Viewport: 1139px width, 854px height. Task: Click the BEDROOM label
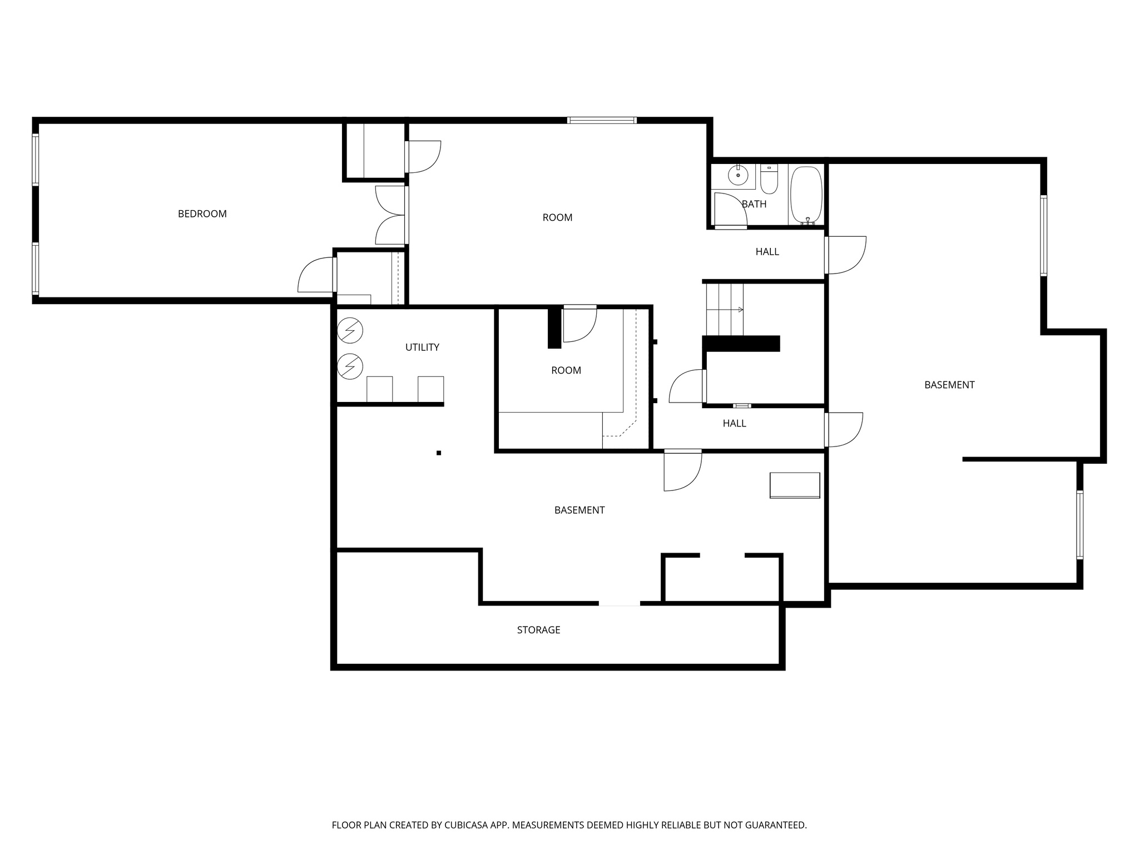[x=202, y=213]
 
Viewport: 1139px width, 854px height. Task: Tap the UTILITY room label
[x=422, y=347]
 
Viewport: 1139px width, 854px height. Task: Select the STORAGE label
[x=538, y=629]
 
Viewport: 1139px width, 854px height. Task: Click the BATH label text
[x=754, y=204]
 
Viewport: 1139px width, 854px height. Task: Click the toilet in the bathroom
[x=769, y=179]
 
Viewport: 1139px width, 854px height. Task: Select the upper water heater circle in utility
[x=350, y=330]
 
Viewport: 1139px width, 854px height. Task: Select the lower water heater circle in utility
[x=350, y=366]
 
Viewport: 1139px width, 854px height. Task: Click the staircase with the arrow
[x=725, y=309]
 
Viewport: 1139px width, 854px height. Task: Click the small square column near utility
[x=438, y=453]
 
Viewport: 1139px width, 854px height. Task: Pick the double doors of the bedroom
[x=391, y=215]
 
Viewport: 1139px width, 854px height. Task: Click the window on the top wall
[x=601, y=120]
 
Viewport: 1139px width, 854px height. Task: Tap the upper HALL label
[x=767, y=251]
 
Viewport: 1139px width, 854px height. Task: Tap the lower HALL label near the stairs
[x=734, y=423]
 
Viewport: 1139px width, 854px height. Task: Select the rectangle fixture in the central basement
[x=794, y=485]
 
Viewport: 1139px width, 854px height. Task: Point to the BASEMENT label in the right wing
[x=949, y=384]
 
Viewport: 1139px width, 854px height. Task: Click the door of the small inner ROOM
[x=580, y=325]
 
